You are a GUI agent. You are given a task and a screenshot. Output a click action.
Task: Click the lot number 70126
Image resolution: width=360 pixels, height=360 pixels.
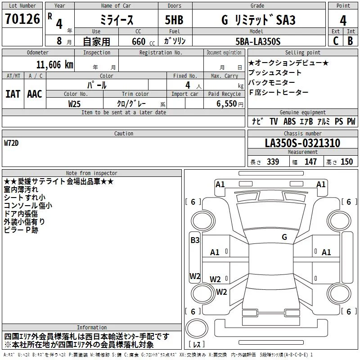pos(22,19)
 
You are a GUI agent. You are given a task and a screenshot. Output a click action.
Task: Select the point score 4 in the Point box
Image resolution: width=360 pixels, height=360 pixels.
pos(343,20)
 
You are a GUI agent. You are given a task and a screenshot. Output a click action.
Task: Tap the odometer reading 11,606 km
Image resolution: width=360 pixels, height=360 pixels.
pos(54,64)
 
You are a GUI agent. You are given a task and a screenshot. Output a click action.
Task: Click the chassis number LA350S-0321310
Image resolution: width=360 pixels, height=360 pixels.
pos(302,143)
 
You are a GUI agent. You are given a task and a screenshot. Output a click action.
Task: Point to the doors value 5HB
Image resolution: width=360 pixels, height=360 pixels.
pos(174,20)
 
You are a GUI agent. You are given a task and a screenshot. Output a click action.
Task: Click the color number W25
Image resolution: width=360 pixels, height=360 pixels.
pos(74,103)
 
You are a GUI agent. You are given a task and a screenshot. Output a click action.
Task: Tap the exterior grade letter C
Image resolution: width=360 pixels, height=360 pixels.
pos(336,41)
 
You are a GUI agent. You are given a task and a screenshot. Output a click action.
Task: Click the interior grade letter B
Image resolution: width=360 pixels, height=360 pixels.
pos(350,41)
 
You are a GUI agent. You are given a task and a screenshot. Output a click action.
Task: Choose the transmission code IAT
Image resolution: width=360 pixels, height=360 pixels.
pos(12,94)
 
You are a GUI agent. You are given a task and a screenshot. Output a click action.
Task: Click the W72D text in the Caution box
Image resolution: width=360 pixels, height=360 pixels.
pos(12,143)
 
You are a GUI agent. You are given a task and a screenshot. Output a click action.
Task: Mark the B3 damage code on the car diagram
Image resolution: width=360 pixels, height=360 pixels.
pos(195,240)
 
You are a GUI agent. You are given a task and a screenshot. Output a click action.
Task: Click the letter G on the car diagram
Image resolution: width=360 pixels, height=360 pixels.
pos(284,237)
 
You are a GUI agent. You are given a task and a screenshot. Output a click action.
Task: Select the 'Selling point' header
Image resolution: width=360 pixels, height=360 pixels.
pos(302,53)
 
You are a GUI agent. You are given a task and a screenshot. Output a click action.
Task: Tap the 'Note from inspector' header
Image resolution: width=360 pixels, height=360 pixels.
pos(91,173)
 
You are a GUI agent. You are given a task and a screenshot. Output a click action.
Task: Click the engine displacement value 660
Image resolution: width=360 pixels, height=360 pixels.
pos(139,41)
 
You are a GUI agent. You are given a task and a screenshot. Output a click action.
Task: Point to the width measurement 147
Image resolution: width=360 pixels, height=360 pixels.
pos(310,162)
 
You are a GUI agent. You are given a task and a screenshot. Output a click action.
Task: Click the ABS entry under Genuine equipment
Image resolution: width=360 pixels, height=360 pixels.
pos(289,121)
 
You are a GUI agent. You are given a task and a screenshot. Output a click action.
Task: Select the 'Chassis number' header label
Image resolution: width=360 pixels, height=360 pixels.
pos(302,134)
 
